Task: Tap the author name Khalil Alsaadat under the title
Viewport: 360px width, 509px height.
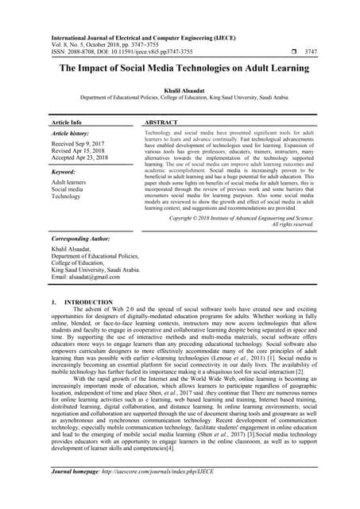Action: click(180, 90)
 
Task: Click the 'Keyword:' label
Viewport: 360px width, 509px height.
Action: click(64, 172)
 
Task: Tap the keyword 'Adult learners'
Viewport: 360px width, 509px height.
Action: click(68, 182)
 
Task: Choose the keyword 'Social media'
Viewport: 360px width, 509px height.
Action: click(67, 189)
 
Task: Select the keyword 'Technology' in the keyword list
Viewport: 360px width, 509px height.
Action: click(66, 196)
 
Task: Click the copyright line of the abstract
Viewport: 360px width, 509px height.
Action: click(242, 217)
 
